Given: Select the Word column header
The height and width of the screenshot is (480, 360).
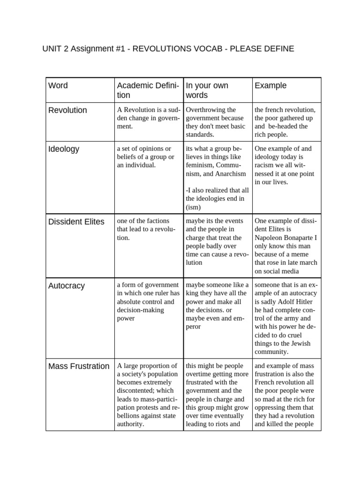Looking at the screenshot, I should point(58,85).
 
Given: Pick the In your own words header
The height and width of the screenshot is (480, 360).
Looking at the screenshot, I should point(207,90).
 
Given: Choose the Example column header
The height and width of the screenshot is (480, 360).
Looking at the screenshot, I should point(270,85).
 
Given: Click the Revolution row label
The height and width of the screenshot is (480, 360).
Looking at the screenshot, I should point(68,110).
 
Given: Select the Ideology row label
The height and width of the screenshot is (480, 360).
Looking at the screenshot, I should point(64,149).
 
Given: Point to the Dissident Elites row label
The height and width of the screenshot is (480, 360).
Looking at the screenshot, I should point(76,222).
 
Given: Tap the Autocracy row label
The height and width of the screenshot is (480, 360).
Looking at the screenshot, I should point(66,285).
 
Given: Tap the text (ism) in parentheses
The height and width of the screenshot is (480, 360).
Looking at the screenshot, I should point(194,207).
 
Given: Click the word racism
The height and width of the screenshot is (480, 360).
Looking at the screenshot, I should point(264,165).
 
